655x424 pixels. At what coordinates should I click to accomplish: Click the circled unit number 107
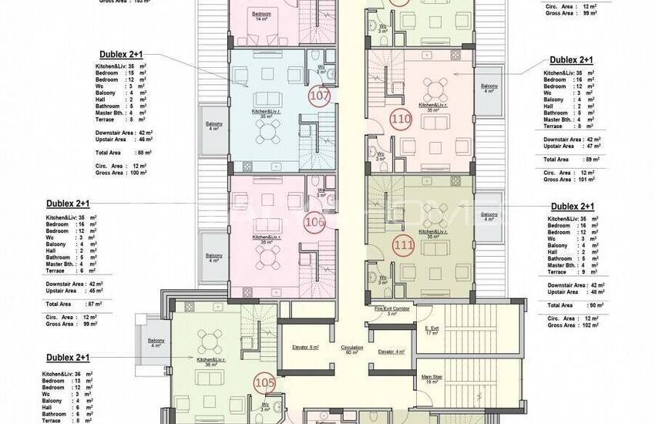click(317, 96)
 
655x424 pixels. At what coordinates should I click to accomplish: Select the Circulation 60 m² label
click(352, 349)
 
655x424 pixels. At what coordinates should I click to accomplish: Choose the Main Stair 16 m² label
click(432, 379)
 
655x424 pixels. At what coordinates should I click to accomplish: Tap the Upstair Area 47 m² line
click(571, 146)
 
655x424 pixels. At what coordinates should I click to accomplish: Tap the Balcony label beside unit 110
click(489, 87)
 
